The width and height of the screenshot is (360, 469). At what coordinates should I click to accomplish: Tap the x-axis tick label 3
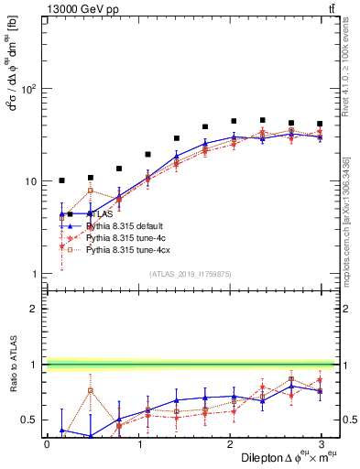(x=321, y=443)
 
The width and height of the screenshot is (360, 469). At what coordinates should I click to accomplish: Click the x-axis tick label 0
(x=47, y=443)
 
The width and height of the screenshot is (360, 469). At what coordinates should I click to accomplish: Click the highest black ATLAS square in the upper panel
(x=263, y=120)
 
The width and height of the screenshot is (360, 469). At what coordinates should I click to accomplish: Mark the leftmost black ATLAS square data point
(x=61, y=180)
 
